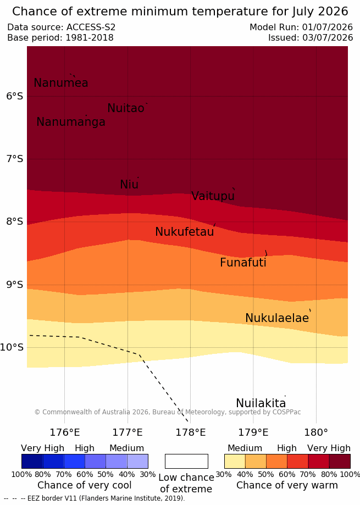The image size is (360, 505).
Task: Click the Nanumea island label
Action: [x=61, y=83]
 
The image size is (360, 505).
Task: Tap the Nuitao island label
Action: [x=126, y=108]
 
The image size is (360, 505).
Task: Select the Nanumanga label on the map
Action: [x=71, y=122]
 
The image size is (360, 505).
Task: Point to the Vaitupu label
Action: [x=213, y=196]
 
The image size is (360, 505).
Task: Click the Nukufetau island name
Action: [x=185, y=231]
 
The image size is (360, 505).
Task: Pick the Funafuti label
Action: [x=243, y=263]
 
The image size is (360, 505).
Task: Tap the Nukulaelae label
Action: [x=277, y=318]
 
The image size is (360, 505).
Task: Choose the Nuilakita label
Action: [x=261, y=403]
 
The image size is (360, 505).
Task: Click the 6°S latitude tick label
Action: [x=14, y=96]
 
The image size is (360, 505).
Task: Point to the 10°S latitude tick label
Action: [x=12, y=347]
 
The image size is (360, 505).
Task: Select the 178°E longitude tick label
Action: [x=190, y=432]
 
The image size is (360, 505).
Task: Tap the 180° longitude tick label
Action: [x=316, y=432]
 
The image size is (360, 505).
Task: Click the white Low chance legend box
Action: [x=186, y=461]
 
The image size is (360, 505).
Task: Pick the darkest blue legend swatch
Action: [x=32, y=461]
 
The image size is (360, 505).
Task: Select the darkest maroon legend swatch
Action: [x=340, y=461]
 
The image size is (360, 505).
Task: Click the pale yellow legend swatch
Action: [x=235, y=461]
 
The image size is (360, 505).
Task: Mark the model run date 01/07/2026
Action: [x=327, y=27]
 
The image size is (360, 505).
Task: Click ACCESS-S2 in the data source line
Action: [x=91, y=27]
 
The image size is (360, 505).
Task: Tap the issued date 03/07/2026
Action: [x=327, y=38]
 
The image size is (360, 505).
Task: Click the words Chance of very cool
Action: [x=84, y=485]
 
